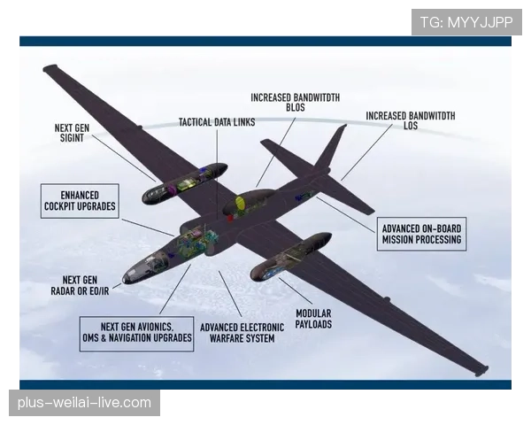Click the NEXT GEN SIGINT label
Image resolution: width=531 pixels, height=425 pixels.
(72, 133)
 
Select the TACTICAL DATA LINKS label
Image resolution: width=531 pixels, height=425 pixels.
(217, 122)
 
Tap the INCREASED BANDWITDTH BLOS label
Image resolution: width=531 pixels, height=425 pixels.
(296, 103)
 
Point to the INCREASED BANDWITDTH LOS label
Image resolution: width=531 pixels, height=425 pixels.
(411, 120)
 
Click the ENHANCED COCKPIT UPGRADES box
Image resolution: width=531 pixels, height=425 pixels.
(80, 201)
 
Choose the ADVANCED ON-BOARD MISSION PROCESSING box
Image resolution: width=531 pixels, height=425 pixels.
(421, 234)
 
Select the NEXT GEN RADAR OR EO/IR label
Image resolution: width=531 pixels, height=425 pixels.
(80, 285)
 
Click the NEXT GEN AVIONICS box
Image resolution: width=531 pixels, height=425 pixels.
(137, 334)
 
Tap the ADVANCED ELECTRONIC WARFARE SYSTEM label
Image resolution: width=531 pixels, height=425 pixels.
(242, 333)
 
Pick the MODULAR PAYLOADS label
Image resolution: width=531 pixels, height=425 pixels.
(313, 319)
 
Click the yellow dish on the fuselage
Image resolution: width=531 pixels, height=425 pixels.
(240, 203)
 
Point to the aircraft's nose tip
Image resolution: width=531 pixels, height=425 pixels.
(124, 281)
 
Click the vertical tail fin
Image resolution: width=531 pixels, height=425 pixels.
(330, 148)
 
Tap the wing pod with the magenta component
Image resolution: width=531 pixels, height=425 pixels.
(185, 183)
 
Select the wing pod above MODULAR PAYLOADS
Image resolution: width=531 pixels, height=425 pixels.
(290, 257)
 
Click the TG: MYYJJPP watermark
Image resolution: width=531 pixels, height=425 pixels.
(466, 22)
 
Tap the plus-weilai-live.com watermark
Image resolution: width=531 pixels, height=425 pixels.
(84, 403)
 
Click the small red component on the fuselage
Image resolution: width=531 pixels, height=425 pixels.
(230, 218)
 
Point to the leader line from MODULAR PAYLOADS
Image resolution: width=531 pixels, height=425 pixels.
(296, 290)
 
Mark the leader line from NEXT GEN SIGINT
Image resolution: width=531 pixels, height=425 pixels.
(123, 158)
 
